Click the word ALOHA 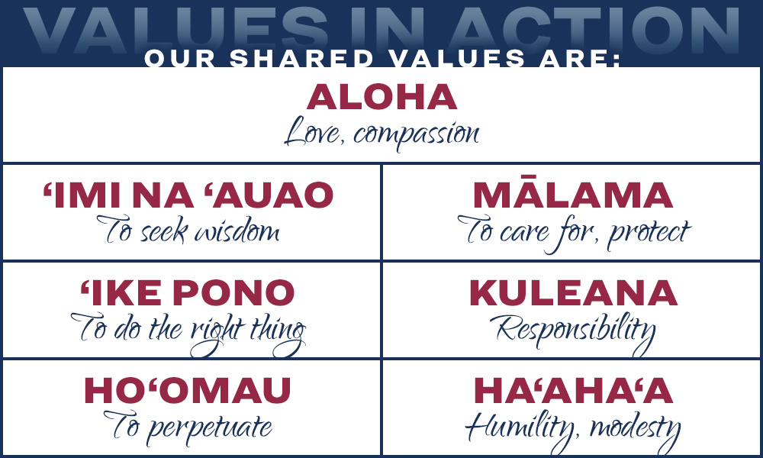[382, 97]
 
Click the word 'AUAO [269, 195]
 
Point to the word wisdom [237, 230]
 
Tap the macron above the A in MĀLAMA [531, 177]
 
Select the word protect [649, 234]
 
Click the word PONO [233, 292]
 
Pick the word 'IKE [121, 292]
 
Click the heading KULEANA [573, 292]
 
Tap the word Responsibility [573, 332]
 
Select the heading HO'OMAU [188, 390]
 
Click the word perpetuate [209, 428]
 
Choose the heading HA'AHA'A [573, 390]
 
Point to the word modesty [635, 429]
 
